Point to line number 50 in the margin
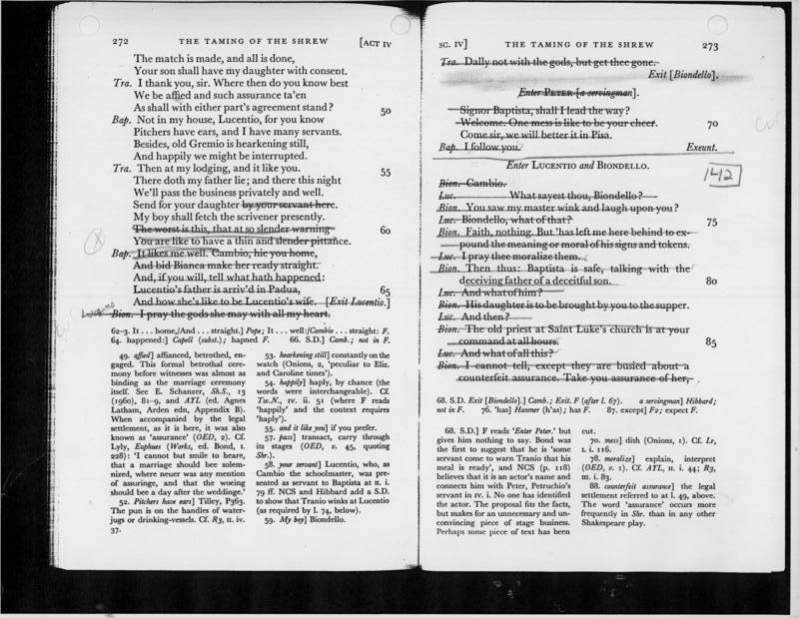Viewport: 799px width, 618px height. click(x=388, y=111)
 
